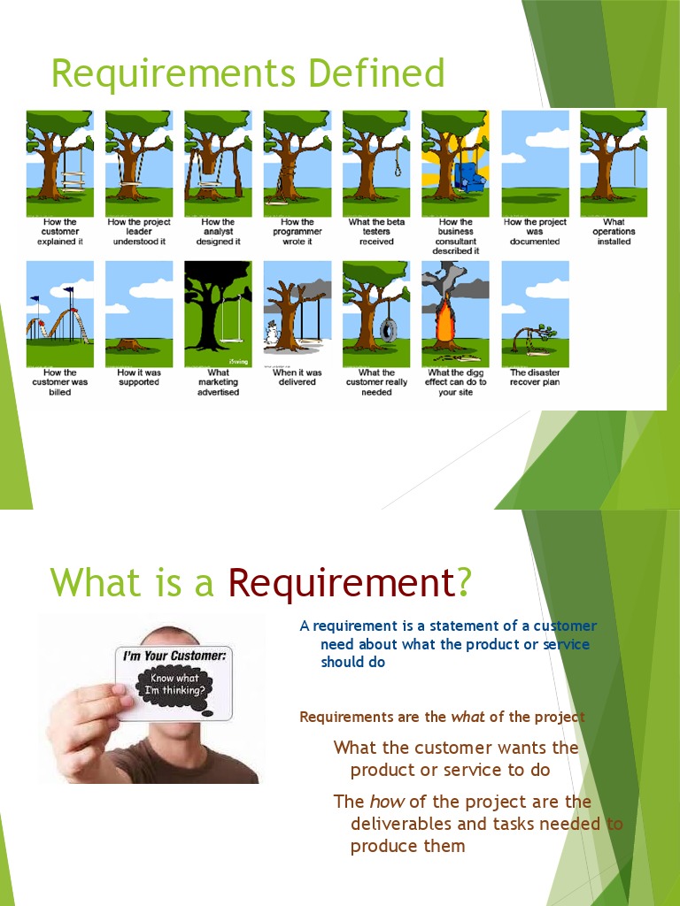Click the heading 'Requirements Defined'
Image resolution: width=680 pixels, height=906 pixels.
(247, 73)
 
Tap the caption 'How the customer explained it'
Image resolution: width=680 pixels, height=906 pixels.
(59, 232)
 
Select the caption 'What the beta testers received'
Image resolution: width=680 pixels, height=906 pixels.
(375, 232)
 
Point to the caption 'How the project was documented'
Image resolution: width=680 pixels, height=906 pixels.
(534, 232)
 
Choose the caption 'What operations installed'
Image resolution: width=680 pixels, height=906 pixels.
(614, 232)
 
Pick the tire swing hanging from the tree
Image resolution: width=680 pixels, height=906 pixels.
(387, 329)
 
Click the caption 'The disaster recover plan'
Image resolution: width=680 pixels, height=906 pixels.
(535, 378)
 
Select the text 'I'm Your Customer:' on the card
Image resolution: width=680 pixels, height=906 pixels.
(174, 656)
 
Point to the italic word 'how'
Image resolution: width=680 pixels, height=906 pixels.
(386, 802)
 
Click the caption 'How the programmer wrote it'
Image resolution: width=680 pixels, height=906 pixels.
(297, 232)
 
